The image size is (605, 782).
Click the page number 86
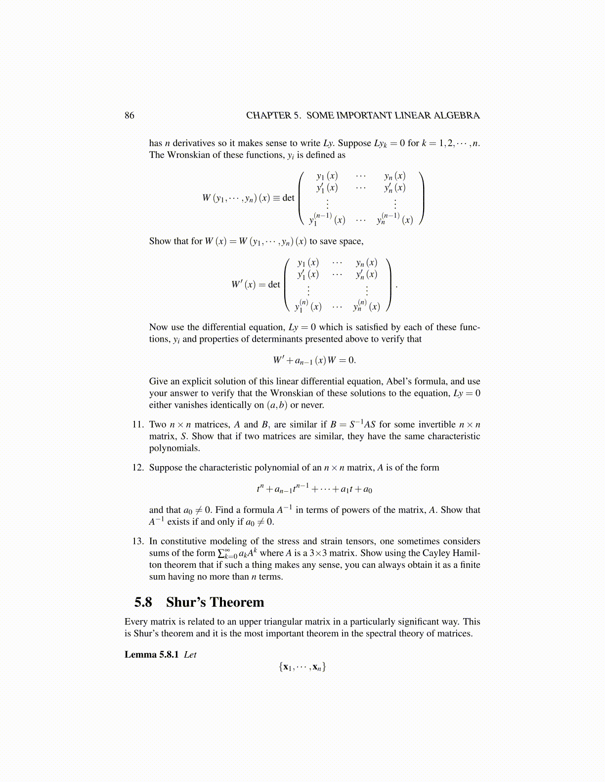click(129, 116)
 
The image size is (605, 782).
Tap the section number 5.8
click(143, 602)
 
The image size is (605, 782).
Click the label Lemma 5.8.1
click(151, 655)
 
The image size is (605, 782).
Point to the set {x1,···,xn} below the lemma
click(302, 667)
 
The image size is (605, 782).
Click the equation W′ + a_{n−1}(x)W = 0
click(314, 360)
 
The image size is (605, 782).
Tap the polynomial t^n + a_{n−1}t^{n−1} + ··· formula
click(314, 489)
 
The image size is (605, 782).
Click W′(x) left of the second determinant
click(243, 285)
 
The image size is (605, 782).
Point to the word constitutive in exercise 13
click(187, 541)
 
